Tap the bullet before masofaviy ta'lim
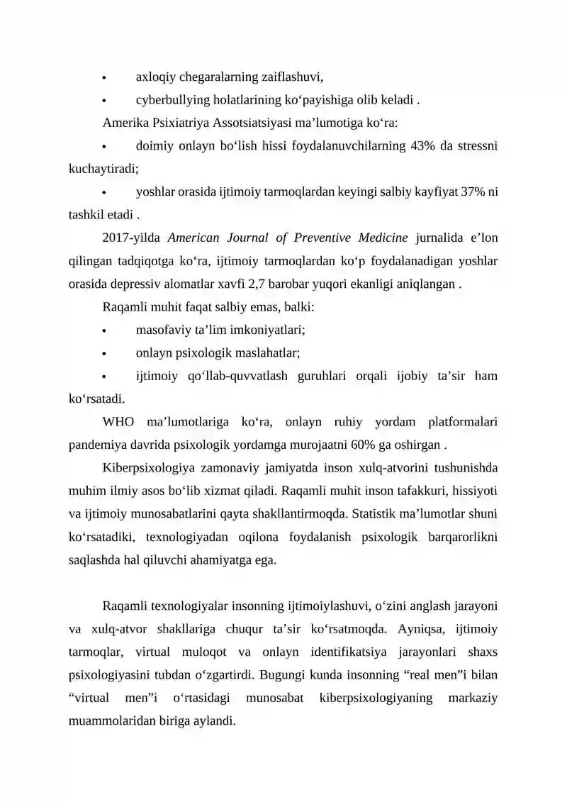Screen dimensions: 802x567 [x=105, y=330]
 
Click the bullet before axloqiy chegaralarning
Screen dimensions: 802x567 [x=105, y=77]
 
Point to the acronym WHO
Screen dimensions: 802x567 [x=118, y=422]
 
